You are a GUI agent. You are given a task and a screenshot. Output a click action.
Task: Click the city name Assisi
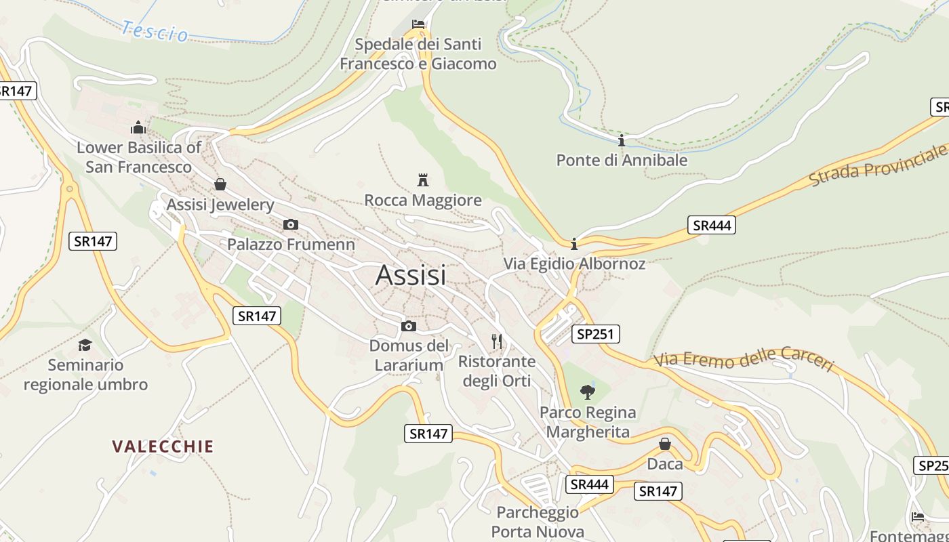click(x=411, y=275)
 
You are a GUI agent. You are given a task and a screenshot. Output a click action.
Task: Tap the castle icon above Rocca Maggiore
click(x=423, y=180)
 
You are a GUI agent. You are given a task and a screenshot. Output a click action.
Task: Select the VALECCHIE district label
click(x=163, y=446)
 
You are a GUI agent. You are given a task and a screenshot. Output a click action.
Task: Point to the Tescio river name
click(x=155, y=31)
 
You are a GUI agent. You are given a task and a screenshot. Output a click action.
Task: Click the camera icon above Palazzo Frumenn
click(x=291, y=225)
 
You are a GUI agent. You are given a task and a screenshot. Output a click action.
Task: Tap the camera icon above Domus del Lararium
click(x=409, y=327)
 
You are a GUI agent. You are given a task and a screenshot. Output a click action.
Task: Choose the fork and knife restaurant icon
click(x=498, y=341)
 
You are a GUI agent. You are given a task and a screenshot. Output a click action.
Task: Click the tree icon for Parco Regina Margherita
click(x=588, y=392)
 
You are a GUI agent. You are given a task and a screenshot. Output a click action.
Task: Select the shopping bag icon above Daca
click(x=665, y=444)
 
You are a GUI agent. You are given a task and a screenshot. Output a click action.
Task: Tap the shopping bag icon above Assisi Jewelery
click(x=220, y=184)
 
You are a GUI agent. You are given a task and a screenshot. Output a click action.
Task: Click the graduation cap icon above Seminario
click(x=85, y=345)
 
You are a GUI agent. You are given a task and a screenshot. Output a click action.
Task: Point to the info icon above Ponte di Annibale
click(x=622, y=140)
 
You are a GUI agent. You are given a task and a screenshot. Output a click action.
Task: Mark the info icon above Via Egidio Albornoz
click(x=574, y=244)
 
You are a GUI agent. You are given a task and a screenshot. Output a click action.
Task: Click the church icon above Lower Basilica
click(x=138, y=127)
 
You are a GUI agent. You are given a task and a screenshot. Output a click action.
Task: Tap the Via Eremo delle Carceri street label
click(x=743, y=358)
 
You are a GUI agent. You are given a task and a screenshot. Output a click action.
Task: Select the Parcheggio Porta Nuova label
click(x=538, y=522)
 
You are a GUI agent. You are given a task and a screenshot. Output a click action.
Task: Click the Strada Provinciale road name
click(x=879, y=165)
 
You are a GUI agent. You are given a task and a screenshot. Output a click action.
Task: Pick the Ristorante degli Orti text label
click(x=497, y=371)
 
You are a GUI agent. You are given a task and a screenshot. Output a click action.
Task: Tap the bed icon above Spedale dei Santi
click(x=418, y=25)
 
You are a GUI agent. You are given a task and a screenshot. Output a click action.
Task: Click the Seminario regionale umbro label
click(x=85, y=375)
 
